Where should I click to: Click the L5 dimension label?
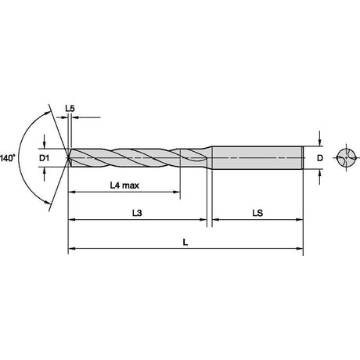point(70,108)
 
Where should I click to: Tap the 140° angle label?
point(8,158)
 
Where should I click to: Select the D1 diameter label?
point(45,158)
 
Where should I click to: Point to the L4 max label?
point(124,185)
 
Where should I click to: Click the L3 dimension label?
point(137,213)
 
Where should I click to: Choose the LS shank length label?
point(257,213)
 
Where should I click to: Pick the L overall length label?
point(185,243)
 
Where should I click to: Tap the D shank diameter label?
point(320,158)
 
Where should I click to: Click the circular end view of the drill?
point(346,158)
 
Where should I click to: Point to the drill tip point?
point(68,158)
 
